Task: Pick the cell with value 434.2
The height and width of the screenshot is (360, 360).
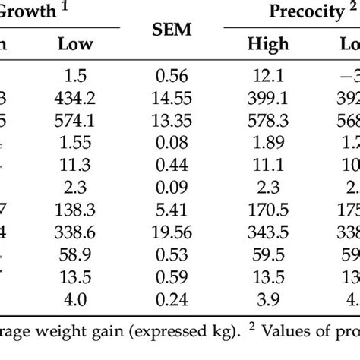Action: [x=75, y=99]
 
